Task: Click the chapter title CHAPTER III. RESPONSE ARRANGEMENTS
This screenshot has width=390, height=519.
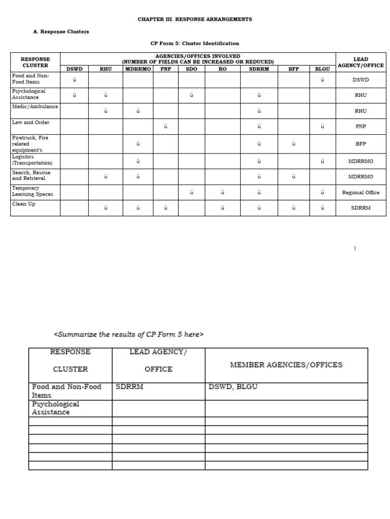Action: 195,19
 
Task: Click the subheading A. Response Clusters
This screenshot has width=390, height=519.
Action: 61,31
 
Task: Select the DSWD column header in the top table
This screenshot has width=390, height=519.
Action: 74,69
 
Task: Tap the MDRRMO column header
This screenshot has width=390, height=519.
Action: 138,69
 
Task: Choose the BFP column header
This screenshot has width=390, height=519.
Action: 294,69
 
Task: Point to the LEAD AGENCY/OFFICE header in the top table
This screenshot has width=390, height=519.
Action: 361,62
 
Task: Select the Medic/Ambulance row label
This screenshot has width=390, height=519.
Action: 35,107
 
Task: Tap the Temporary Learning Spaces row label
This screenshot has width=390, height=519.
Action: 32,191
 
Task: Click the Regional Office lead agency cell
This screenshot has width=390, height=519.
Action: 361,193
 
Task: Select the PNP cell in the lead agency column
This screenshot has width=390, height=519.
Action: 361,127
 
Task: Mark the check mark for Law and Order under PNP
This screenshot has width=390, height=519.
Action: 166,127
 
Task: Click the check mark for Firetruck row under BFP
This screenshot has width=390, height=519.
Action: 294,144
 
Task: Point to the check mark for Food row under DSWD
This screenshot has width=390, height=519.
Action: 74,80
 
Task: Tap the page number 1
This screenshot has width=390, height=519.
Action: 355,248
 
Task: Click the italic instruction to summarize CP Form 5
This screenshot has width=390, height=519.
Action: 129,334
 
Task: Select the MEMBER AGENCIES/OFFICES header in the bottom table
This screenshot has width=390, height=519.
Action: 286,365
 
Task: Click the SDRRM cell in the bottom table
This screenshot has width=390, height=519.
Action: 129,387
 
